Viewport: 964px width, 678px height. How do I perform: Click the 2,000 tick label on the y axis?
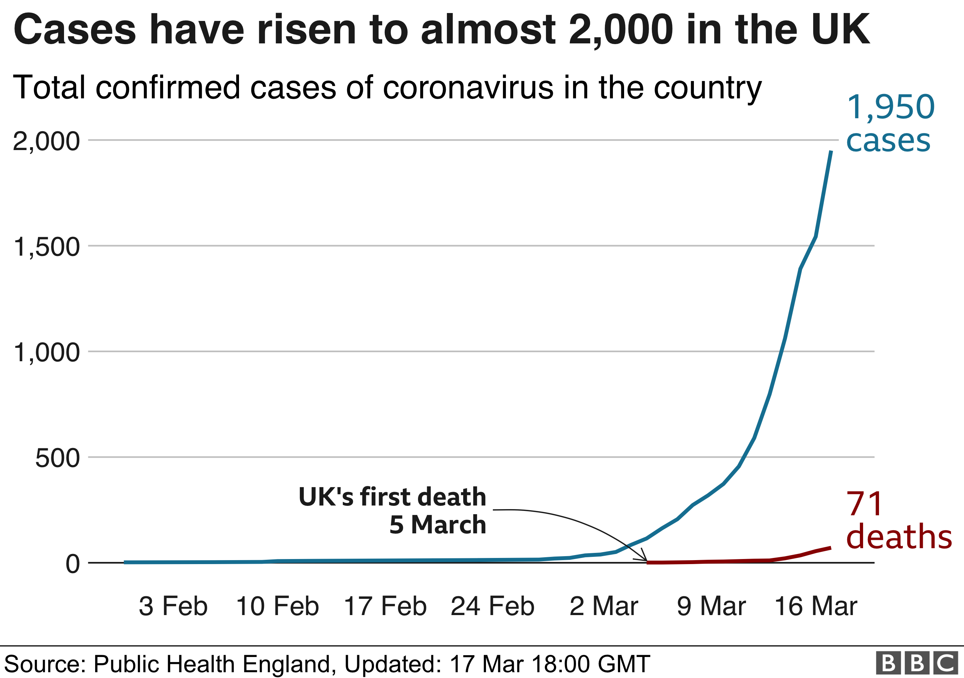pos(46,141)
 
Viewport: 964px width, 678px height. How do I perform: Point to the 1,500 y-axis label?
pos(46,247)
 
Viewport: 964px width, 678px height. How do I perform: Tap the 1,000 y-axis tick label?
pos(46,352)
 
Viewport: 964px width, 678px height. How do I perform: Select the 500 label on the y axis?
pos(57,458)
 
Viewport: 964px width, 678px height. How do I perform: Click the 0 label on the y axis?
pos(72,564)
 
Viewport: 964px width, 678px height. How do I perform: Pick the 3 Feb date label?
pos(173,607)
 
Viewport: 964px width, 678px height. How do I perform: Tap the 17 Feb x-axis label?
pos(385,607)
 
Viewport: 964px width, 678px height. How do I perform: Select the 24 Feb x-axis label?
pos(492,607)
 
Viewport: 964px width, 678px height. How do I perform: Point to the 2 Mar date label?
pos(604,607)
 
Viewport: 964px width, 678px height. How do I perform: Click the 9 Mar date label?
pos(711,607)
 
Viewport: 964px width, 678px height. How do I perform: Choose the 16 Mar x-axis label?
pos(816,607)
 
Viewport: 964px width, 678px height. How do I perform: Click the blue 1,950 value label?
pos(891,107)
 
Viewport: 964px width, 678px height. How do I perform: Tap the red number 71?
pos(865,504)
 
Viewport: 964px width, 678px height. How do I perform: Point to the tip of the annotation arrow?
pos(647,560)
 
